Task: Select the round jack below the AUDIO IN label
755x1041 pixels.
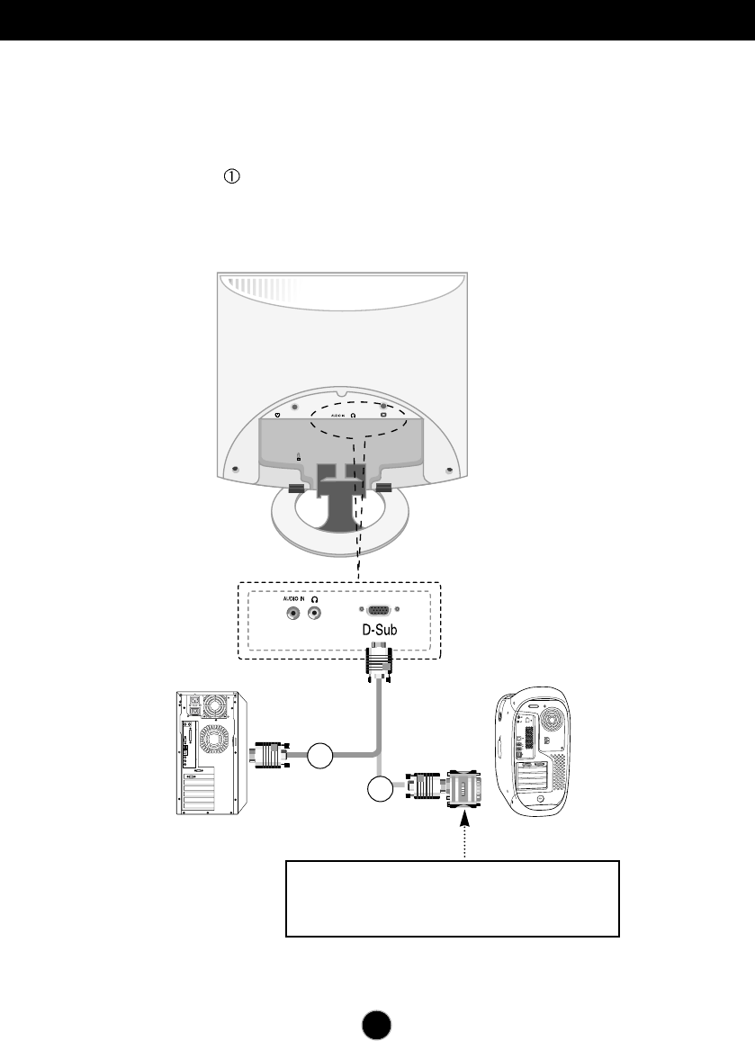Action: click(x=292, y=614)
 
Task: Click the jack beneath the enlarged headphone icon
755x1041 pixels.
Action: click(x=315, y=614)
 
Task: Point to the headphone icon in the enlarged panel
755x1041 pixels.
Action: click(x=315, y=598)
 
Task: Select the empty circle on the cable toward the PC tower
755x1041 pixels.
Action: click(x=319, y=757)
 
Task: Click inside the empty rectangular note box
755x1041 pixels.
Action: click(x=452, y=898)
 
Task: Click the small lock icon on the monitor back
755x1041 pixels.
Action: click(x=299, y=456)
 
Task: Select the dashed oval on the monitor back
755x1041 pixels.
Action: click(x=358, y=415)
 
